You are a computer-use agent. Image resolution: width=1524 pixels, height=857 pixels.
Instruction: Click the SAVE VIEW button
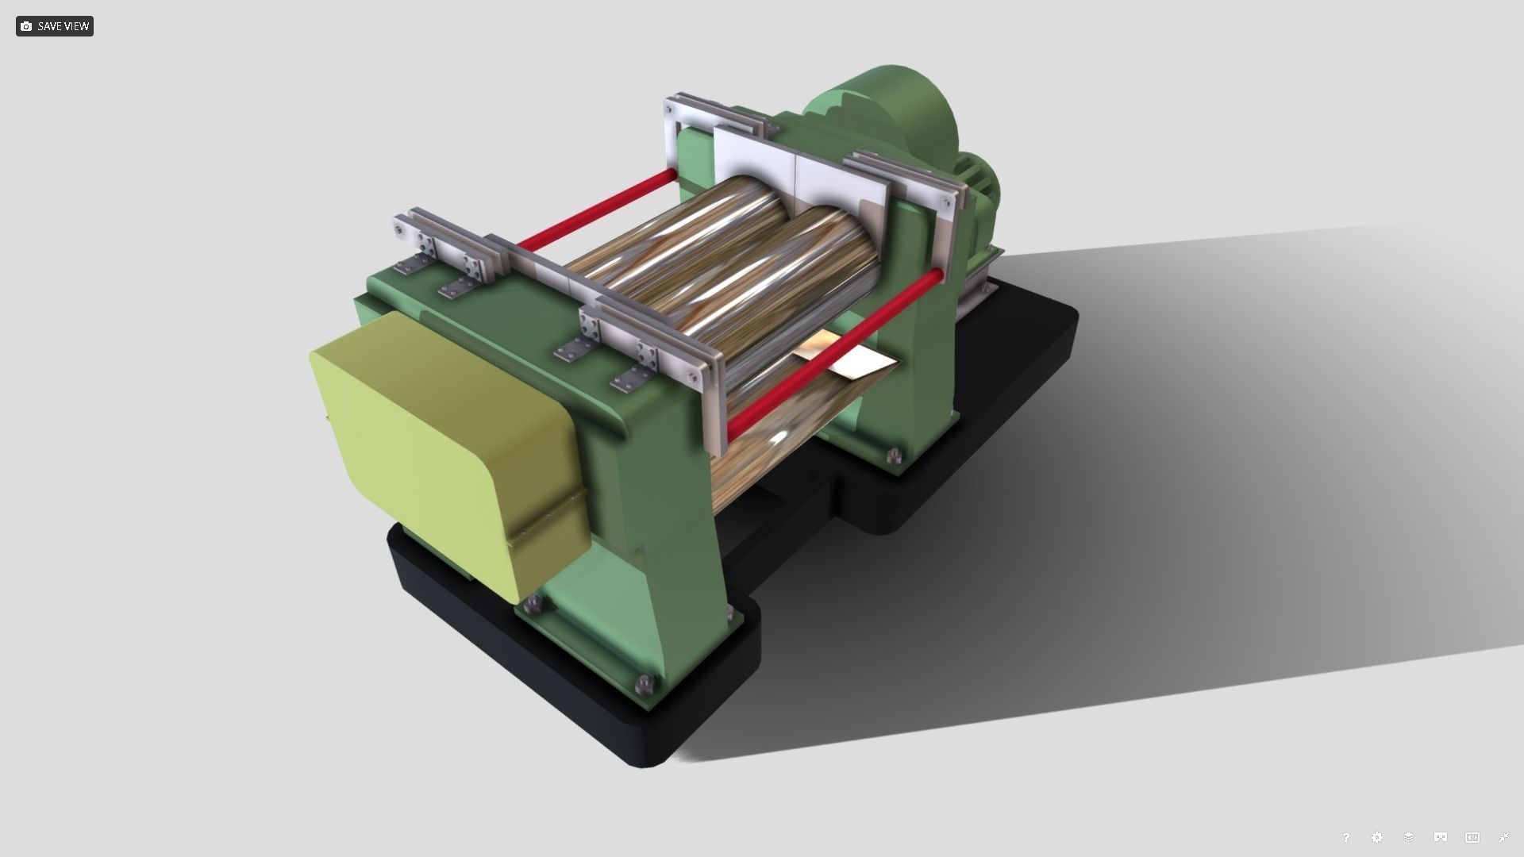pos(54,26)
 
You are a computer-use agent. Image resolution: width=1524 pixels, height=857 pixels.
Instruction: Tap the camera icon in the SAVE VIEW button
pos(26,26)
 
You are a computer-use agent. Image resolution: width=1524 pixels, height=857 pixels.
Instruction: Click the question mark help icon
pos(1345,837)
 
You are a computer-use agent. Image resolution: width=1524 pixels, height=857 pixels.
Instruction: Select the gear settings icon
pos(1377,837)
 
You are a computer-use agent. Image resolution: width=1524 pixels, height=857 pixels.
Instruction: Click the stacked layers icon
pos(1409,837)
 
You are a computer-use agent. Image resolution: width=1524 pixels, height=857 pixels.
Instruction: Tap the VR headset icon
pos(1441,837)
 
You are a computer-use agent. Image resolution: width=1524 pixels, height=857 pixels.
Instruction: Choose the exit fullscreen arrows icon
pos(1504,837)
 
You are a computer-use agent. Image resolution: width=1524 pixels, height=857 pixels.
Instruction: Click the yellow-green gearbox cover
pos(444,444)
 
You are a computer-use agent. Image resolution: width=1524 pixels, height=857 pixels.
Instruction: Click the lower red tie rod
pos(833,353)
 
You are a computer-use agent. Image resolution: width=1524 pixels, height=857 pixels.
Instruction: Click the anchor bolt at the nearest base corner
pos(645,683)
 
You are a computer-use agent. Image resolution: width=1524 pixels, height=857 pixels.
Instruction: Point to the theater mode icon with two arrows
pos(1472,837)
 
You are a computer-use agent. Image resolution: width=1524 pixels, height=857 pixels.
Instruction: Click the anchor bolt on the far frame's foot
pos(895,455)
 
